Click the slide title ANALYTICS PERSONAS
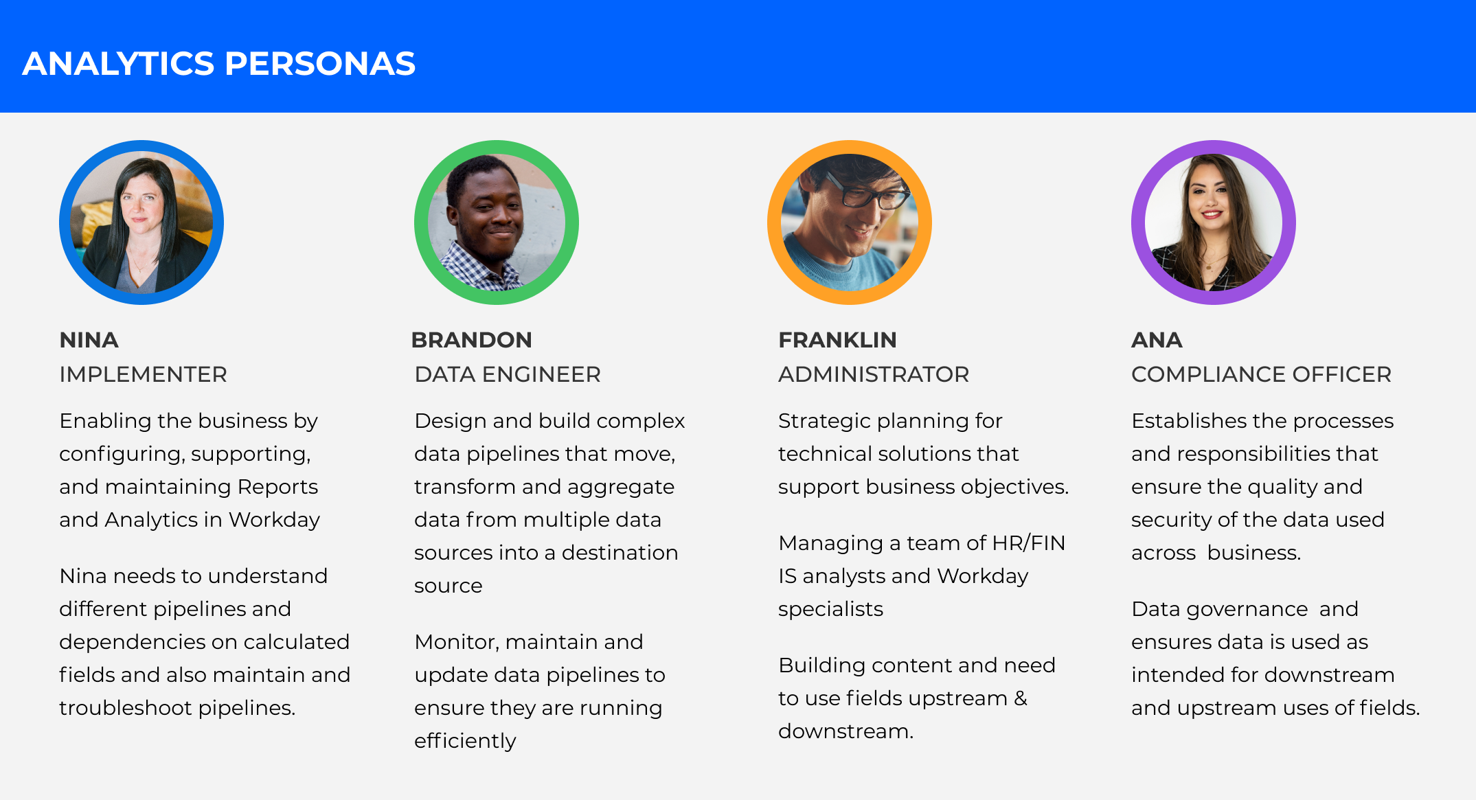(219, 63)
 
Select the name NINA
(89, 340)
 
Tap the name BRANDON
(472, 340)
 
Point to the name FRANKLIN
(837, 340)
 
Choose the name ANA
(1157, 340)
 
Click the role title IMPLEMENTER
(143, 374)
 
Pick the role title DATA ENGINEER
(508, 374)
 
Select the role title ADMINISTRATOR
(874, 374)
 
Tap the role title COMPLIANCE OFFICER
(1261, 374)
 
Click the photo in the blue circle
(141, 222)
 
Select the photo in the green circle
(497, 222)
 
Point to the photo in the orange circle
(850, 222)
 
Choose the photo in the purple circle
(1214, 222)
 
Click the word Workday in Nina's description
(274, 521)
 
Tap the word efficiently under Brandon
(465, 742)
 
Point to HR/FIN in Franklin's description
(1028, 543)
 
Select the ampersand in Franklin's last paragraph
(1021, 698)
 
